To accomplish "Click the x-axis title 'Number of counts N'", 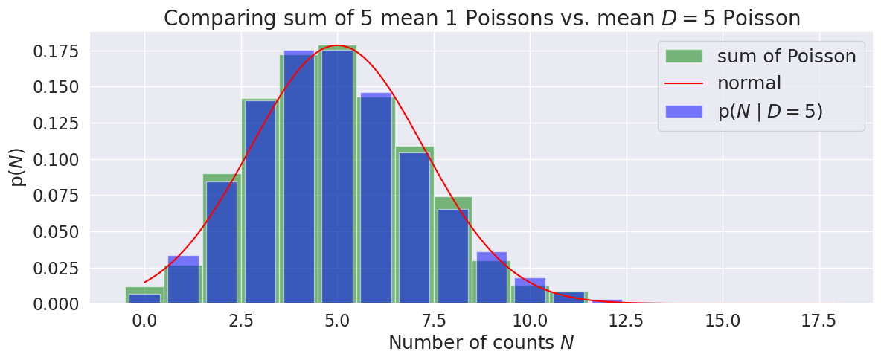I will point(481,343).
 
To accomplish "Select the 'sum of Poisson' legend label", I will point(786,56).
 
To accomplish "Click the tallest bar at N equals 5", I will point(337,179).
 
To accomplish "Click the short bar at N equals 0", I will point(144,298).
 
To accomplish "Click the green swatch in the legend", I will point(682,57).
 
